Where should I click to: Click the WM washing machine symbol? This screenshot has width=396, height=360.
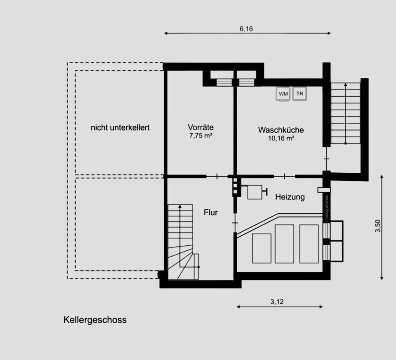[x=283, y=94]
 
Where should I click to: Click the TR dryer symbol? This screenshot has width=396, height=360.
[x=300, y=94]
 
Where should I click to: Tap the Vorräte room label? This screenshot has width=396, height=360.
[x=201, y=127]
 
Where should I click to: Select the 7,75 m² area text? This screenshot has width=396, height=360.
[x=201, y=136]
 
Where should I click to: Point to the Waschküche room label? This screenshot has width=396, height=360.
[x=281, y=130]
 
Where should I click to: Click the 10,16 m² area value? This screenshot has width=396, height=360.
[x=281, y=138]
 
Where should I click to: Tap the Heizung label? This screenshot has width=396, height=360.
[x=290, y=197]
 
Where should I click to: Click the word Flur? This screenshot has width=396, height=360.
[x=211, y=213]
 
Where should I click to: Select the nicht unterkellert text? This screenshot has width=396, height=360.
[x=120, y=127]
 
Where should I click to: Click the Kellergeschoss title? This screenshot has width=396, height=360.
[x=95, y=320]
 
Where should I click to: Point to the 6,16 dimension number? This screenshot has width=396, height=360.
[x=246, y=29]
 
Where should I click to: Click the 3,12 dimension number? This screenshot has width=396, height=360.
[x=277, y=302]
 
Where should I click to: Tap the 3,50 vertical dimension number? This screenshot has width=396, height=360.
[x=378, y=226]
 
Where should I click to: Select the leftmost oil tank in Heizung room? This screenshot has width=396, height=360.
[x=262, y=248]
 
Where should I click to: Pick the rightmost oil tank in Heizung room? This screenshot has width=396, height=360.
[x=309, y=244]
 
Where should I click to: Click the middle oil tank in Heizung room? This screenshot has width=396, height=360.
[x=284, y=244]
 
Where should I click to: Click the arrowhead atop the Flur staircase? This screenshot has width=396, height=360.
[x=180, y=207]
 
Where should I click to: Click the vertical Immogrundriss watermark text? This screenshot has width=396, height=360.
[x=326, y=209]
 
